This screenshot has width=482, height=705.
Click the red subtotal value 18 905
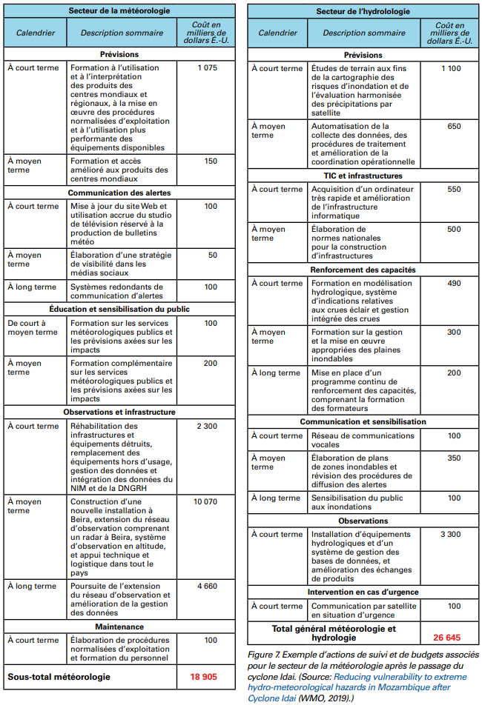pos(203,676)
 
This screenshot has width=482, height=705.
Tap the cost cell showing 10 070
pos(207,502)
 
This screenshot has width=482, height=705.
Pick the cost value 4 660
pos(207,587)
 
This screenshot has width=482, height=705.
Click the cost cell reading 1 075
pos(207,68)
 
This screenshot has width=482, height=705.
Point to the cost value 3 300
pos(449,534)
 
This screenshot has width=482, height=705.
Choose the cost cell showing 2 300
pos(207,427)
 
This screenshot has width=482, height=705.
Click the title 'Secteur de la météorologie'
pos(119,11)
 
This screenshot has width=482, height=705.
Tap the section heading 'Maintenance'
pos(119,627)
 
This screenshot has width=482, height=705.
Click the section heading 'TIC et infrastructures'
pos(363,176)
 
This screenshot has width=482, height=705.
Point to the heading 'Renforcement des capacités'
pos(363,270)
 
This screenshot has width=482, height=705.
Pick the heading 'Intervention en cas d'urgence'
pos(363,592)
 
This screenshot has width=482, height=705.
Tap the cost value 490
pos(449,284)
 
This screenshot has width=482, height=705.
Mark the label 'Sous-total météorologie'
pos(59,676)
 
